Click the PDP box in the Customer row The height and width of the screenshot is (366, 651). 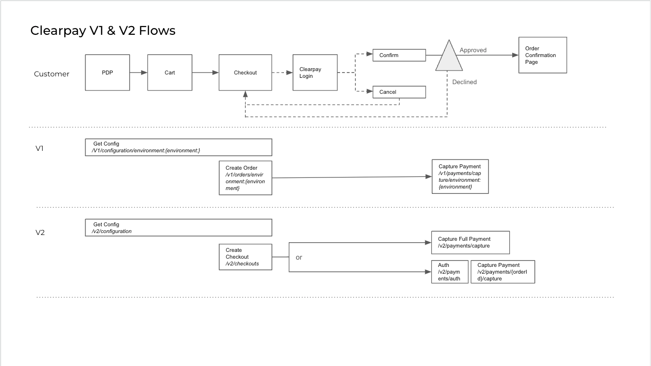107,73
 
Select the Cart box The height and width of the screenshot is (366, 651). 170,73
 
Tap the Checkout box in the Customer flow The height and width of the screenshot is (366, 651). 245,73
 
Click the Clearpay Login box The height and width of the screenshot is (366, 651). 315,73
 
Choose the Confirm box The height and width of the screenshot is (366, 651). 399,55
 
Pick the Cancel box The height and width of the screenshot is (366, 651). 399,92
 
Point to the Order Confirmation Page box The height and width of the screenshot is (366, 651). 542,55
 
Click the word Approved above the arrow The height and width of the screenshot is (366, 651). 473,50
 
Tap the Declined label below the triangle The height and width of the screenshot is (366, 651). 464,82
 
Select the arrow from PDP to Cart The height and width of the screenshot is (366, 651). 138,73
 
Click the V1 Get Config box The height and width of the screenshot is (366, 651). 178,147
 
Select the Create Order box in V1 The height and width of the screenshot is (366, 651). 245,178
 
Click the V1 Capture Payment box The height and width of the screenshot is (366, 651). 460,176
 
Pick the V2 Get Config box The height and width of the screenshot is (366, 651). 178,228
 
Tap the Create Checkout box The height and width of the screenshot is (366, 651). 245,257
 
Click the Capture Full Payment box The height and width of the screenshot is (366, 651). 470,242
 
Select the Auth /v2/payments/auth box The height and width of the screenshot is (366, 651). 449,272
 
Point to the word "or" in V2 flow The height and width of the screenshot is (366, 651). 299,257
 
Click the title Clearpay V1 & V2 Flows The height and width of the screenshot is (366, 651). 103,31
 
